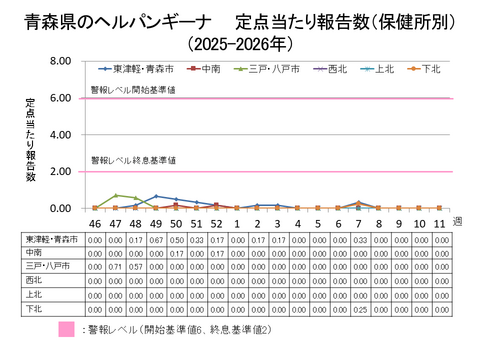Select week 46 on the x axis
pyautogui.click(x=95, y=223)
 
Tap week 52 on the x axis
pyautogui.click(x=216, y=223)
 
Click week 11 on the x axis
pyautogui.click(x=439, y=223)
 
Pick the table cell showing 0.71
pyautogui.click(x=115, y=268)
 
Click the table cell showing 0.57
pyautogui.click(x=136, y=268)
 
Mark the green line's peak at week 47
pyautogui.click(x=116, y=195)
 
